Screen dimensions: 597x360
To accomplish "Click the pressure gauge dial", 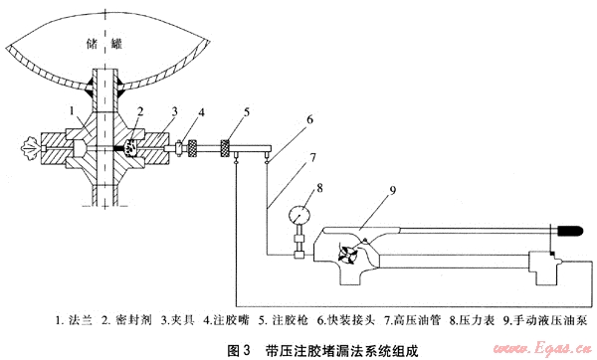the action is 299,216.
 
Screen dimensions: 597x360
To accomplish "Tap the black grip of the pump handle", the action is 570,231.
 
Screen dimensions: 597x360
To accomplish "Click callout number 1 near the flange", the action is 72,111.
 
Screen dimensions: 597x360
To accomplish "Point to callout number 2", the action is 140,111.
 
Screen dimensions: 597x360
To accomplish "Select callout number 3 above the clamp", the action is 175,112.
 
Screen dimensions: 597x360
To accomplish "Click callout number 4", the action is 201,112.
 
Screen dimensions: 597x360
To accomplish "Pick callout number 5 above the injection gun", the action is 247,112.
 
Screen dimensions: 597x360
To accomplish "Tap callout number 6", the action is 309,119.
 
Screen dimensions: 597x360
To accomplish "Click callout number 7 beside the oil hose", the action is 313,157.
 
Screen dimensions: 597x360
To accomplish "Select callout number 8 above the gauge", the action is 319,188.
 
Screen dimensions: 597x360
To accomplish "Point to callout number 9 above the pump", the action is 393,190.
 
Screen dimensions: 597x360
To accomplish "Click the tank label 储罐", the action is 103,44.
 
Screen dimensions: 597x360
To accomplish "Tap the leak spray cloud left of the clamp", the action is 32,147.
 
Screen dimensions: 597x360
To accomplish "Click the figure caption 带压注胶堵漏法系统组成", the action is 342,350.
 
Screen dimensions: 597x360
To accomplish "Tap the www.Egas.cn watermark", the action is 542,349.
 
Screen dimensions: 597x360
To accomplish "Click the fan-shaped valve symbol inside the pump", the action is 348,254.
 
